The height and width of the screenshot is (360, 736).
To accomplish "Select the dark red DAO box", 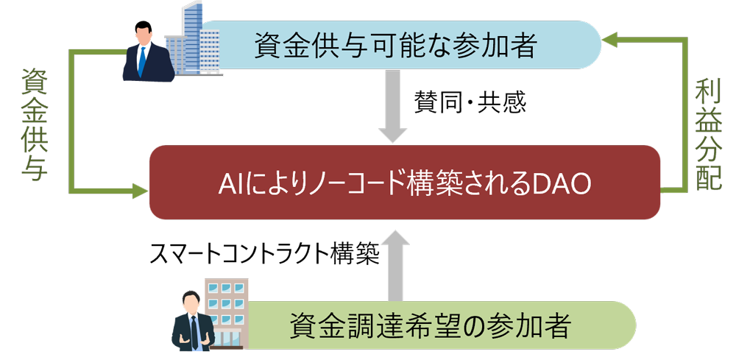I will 404,182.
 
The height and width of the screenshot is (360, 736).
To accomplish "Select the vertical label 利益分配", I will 708,136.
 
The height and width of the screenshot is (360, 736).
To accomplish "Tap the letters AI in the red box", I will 227,183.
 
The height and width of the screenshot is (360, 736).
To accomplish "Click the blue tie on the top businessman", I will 142,63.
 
